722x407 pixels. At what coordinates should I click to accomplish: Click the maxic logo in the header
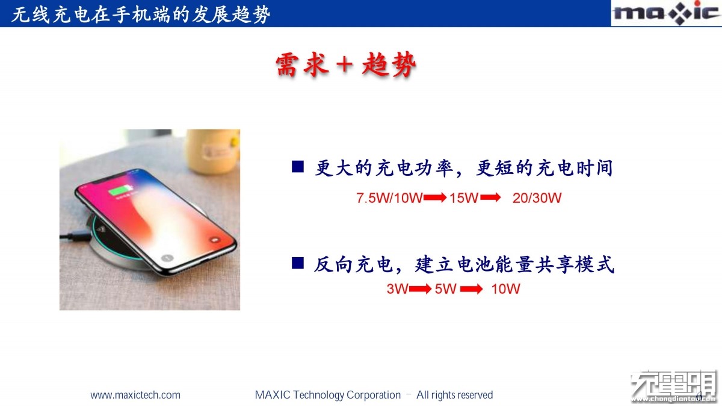click(x=666, y=13)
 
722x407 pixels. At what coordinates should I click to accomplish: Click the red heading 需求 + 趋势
click(x=346, y=64)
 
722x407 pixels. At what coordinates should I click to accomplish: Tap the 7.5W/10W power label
click(x=389, y=197)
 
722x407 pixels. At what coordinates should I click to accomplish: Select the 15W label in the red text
click(x=463, y=197)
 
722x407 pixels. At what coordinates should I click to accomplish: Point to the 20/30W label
click(x=537, y=197)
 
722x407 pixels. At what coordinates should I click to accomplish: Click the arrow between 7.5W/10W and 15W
click(x=435, y=197)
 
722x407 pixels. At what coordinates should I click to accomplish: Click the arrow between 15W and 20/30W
click(x=490, y=197)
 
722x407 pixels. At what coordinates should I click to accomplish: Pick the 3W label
click(x=398, y=288)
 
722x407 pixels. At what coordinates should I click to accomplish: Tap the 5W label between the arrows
click(x=445, y=288)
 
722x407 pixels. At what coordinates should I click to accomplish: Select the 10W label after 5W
click(x=505, y=288)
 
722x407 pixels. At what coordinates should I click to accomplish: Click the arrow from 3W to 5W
click(x=421, y=288)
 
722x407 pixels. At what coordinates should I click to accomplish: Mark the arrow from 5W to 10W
click(x=471, y=288)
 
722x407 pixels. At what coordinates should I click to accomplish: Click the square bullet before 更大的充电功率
click(x=297, y=167)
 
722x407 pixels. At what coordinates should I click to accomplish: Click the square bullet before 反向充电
click(x=297, y=263)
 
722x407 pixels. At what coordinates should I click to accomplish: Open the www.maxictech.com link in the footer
click(x=135, y=395)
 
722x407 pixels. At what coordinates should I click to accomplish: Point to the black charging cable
click(x=75, y=237)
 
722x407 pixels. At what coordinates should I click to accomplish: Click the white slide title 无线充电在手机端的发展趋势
click(x=141, y=15)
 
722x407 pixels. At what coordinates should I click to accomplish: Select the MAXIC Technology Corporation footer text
click(x=328, y=395)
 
